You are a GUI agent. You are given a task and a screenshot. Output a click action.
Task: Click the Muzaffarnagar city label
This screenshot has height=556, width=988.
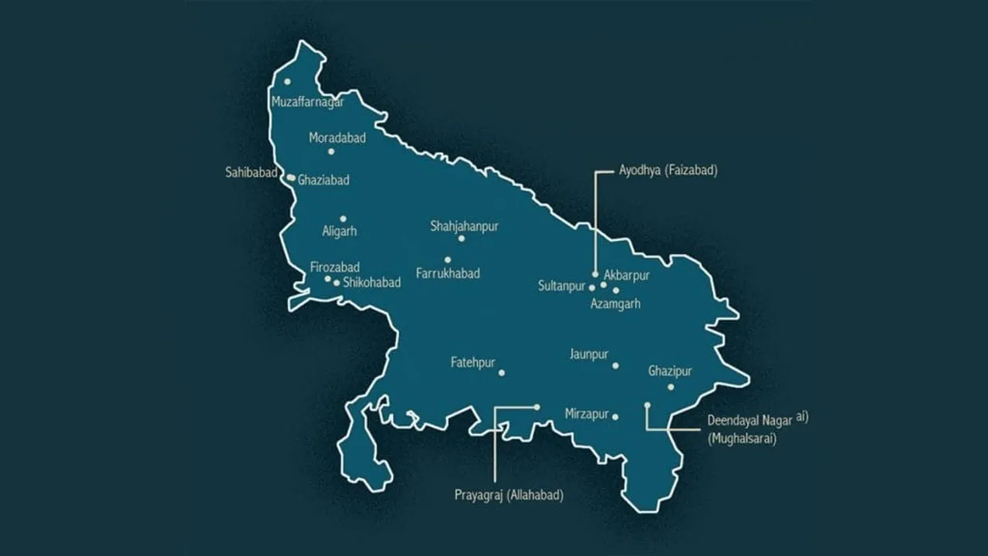(x=307, y=102)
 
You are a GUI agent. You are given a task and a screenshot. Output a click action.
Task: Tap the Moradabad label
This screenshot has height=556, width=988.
(x=337, y=137)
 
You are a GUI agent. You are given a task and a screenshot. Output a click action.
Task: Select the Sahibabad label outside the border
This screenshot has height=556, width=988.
(x=251, y=172)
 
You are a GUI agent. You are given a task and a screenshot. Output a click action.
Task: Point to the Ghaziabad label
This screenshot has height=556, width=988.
(x=323, y=180)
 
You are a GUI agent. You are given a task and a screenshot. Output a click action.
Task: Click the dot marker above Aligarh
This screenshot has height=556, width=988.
(x=343, y=219)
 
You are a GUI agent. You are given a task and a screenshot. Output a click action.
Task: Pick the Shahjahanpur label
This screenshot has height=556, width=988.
(x=464, y=226)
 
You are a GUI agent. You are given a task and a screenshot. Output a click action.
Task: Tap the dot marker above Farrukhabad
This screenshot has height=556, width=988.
(x=448, y=259)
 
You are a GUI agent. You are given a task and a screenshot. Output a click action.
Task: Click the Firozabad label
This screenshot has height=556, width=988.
(x=335, y=267)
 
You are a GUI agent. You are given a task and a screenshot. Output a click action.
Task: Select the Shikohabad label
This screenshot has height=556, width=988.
(x=371, y=283)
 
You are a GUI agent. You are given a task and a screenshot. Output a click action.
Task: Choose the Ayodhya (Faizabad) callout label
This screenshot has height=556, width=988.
(x=668, y=171)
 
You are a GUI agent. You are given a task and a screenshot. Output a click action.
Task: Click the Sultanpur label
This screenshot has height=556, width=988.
(x=562, y=286)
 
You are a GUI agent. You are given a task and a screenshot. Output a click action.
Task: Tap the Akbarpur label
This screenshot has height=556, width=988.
(x=627, y=275)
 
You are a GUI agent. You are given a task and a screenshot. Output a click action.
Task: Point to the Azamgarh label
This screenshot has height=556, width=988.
(x=615, y=303)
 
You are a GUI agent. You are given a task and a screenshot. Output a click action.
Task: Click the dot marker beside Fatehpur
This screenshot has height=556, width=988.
(x=502, y=373)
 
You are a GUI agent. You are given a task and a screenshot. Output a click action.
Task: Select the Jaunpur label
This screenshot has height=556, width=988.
(x=589, y=354)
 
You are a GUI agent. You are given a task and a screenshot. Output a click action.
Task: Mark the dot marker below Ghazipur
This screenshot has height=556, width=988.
(x=671, y=387)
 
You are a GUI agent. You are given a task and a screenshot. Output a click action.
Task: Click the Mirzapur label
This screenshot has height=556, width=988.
(x=587, y=413)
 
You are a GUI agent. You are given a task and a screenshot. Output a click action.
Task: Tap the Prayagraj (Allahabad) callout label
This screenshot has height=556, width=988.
(x=509, y=495)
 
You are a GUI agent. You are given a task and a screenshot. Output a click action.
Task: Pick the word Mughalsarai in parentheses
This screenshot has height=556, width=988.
(x=742, y=438)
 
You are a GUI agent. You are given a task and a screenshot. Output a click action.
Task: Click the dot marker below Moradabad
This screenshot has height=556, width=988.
(x=331, y=151)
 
